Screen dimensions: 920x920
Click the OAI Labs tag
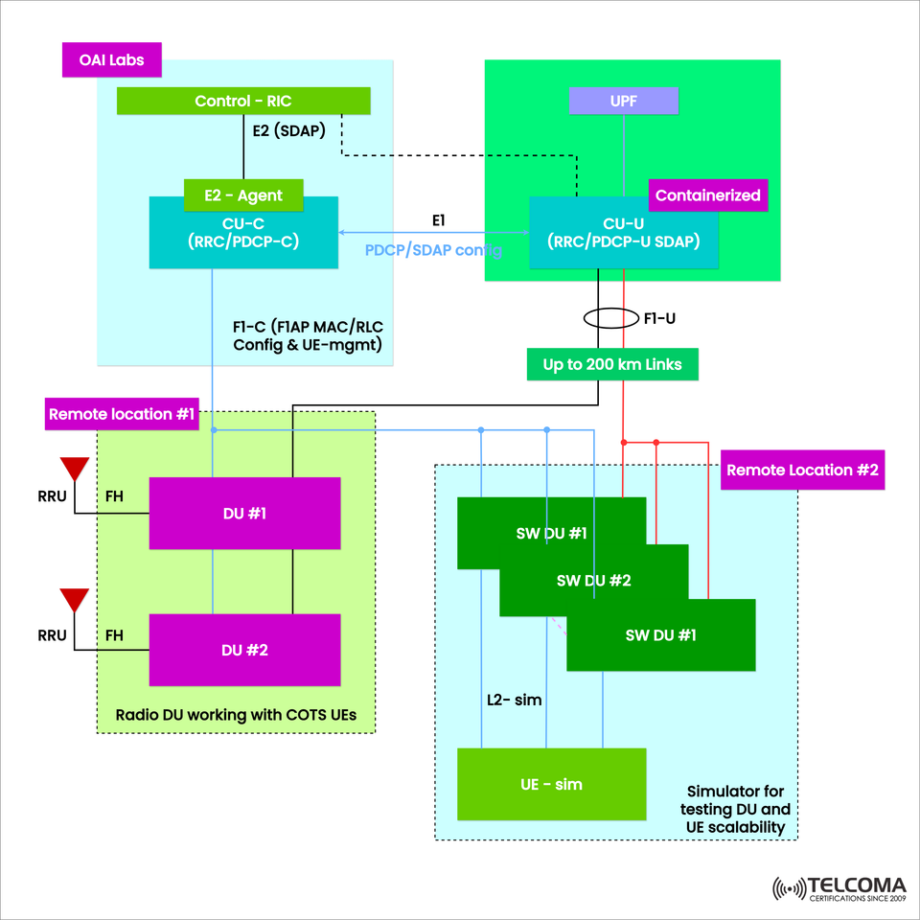point(112,59)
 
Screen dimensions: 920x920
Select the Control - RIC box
point(242,101)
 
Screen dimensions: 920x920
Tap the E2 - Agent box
point(243,195)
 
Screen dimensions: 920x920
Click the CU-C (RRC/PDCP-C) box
point(243,233)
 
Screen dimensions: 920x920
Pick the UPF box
point(623,101)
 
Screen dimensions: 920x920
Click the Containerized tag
point(707,195)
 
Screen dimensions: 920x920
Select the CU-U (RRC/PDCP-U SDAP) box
point(624,233)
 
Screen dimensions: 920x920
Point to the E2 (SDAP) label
point(289,132)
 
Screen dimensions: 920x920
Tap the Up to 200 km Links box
point(612,365)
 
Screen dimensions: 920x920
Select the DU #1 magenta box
point(244,514)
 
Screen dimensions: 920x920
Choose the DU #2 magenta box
point(244,651)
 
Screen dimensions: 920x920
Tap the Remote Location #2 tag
point(802,471)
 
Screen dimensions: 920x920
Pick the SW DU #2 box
point(594,581)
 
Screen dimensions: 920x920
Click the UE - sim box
point(551,784)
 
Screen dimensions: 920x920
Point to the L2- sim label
point(515,701)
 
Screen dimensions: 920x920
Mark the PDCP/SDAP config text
point(433,250)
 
